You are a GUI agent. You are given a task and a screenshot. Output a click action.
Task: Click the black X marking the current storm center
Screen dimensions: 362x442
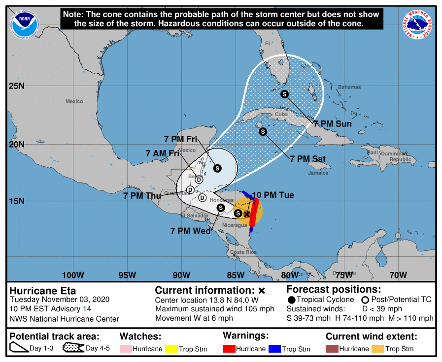247,214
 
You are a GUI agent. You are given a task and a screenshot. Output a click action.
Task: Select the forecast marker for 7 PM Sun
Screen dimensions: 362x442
284,94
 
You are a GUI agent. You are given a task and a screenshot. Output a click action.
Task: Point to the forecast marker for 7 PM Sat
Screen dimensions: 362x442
263,131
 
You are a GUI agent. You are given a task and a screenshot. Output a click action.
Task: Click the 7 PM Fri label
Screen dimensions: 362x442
181,139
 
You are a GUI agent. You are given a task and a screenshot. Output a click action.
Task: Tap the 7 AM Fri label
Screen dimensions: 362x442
162,153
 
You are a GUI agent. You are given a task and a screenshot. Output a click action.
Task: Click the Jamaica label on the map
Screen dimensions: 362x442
318,173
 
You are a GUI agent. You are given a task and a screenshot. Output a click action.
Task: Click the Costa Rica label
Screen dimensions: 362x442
243,252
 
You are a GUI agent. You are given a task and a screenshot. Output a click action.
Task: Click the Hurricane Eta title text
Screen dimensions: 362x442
43,290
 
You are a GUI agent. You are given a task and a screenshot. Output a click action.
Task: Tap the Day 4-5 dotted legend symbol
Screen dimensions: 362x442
72,348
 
